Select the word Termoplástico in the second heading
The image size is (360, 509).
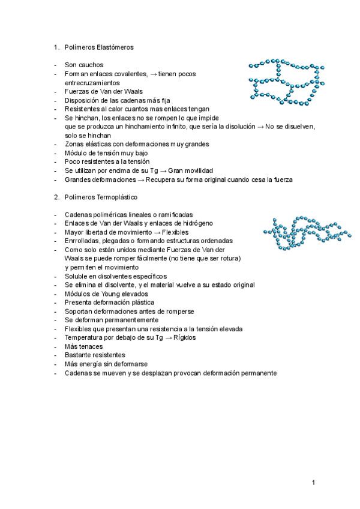(x=117, y=197)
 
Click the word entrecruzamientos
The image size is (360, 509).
(x=93, y=82)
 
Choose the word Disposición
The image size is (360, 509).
(x=84, y=100)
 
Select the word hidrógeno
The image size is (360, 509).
(x=194, y=223)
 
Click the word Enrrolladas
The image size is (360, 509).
(x=83, y=241)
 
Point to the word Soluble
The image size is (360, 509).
(x=77, y=276)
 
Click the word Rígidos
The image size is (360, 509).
(x=183, y=337)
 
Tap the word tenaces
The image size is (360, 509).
(x=91, y=346)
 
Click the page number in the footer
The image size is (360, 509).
(x=313, y=482)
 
